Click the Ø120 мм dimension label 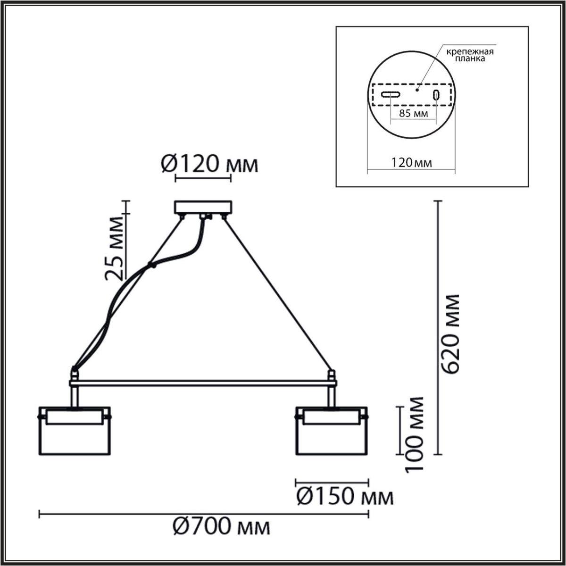point(210,165)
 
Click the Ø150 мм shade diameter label point(344,496)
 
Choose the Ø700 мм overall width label point(222,526)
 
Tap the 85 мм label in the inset point(413,114)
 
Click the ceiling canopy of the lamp point(203,208)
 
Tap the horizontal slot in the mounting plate point(391,94)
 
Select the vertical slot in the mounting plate point(436,94)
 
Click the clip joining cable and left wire point(151,265)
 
